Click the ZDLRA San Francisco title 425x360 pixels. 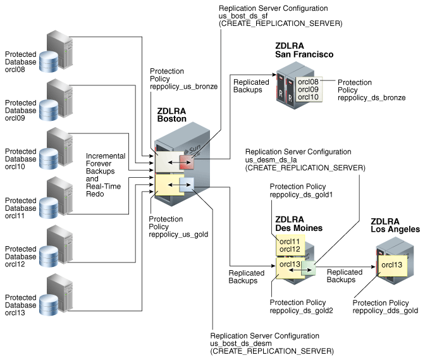click(304, 50)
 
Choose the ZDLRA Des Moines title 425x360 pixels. click(299, 223)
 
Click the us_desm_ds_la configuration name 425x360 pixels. click(273, 160)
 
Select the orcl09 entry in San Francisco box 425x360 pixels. click(308, 89)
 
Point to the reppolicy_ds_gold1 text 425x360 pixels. click(301, 194)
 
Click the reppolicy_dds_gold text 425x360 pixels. click(385, 311)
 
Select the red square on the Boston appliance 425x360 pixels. click(187, 163)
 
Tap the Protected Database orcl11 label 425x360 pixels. click(21, 206)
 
